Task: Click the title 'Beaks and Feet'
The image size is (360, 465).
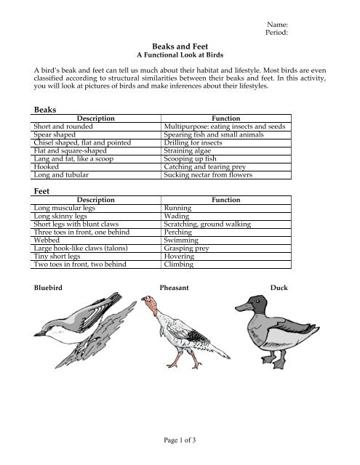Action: (x=180, y=44)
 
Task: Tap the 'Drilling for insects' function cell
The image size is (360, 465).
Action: (x=193, y=143)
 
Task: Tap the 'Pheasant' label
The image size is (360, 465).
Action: (x=174, y=288)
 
